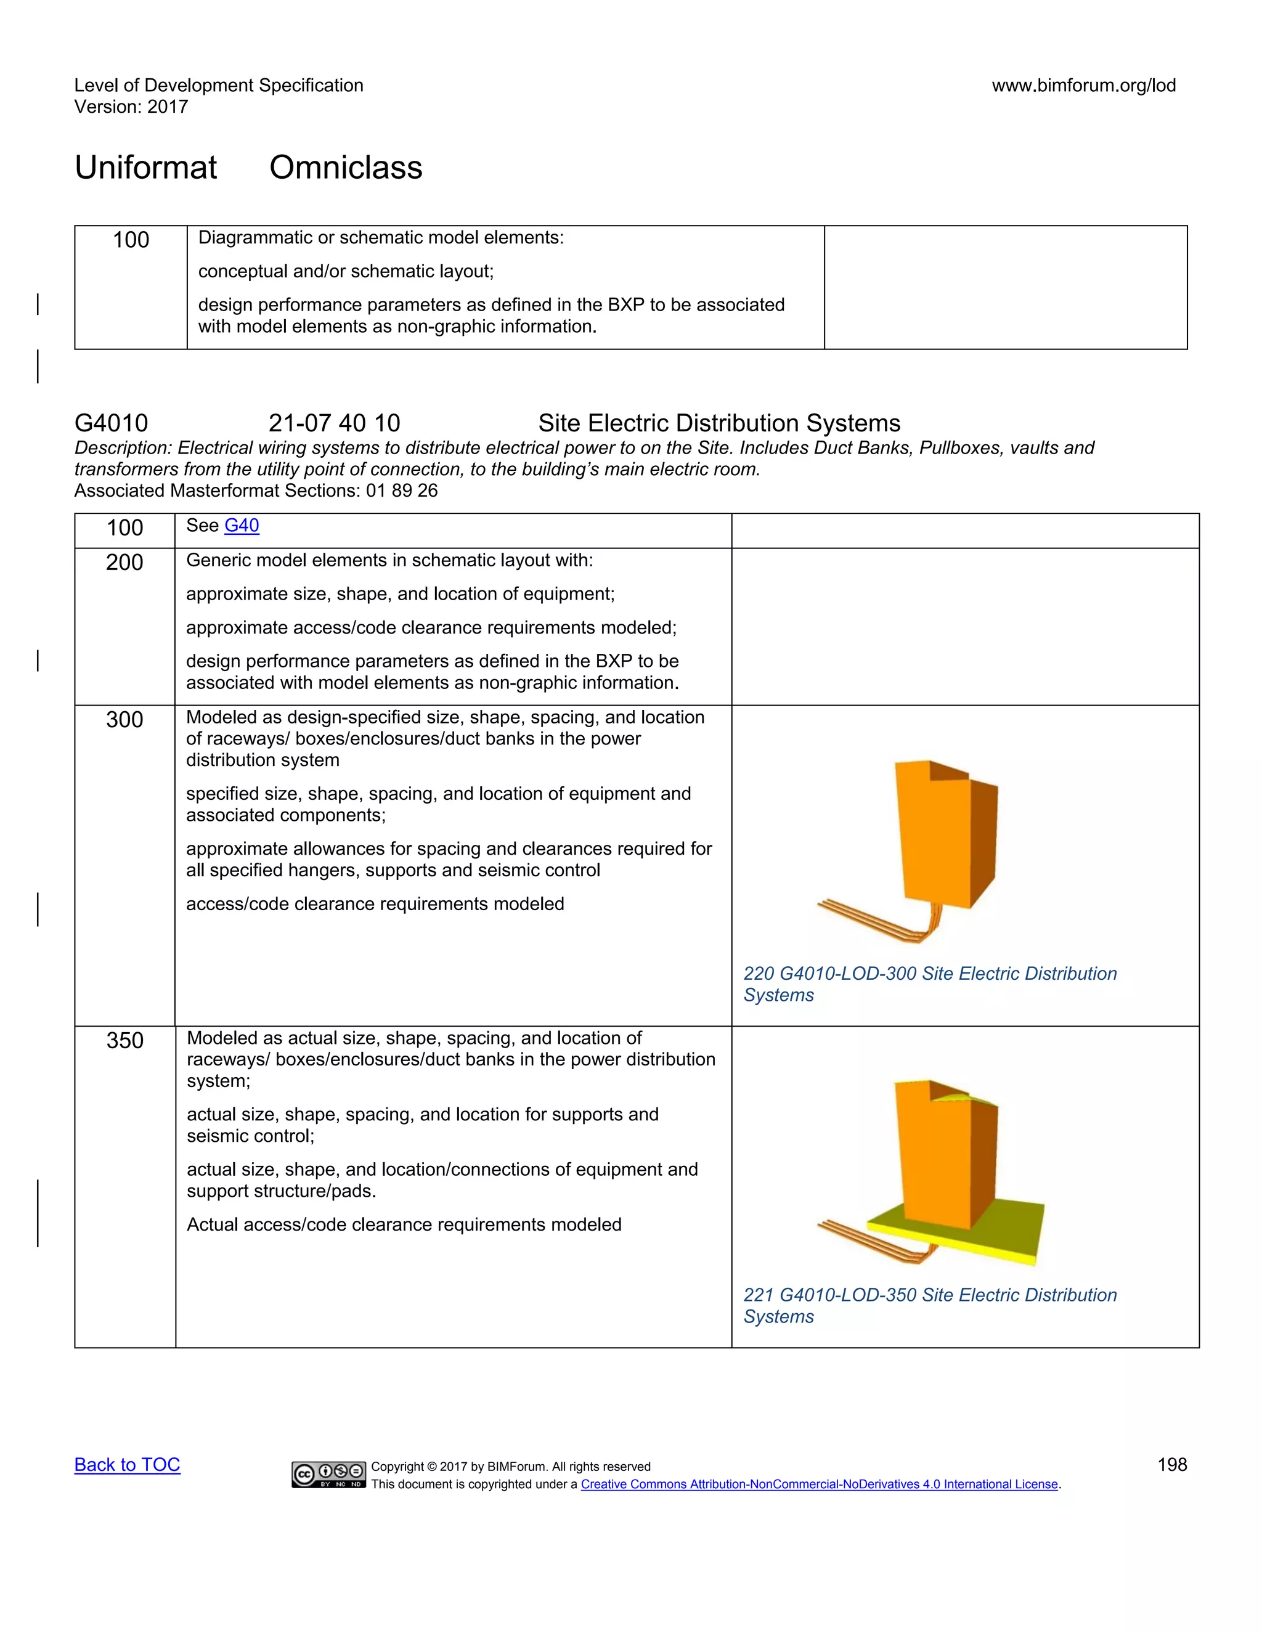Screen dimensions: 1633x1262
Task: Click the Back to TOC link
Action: tap(127, 1465)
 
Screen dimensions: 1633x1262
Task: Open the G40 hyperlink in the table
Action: tap(242, 526)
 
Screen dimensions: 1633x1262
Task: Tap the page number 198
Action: tap(1171, 1465)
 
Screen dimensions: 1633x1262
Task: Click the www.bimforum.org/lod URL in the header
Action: tap(1083, 85)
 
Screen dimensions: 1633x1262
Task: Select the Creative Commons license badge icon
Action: tap(329, 1474)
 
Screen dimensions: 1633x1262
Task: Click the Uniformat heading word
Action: tap(146, 168)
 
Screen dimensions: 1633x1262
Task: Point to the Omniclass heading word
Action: tap(346, 168)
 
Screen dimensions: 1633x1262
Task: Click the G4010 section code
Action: tap(112, 423)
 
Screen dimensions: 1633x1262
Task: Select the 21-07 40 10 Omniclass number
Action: tap(334, 423)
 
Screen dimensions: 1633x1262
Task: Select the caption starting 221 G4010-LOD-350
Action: tap(929, 1306)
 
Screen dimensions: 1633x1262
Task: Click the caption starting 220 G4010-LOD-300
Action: tap(929, 984)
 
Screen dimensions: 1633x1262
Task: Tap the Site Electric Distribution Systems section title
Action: tap(719, 423)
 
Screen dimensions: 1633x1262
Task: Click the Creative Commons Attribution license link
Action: tap(819, 1484)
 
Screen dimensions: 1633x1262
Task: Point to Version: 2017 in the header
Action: tap(131, 107)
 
